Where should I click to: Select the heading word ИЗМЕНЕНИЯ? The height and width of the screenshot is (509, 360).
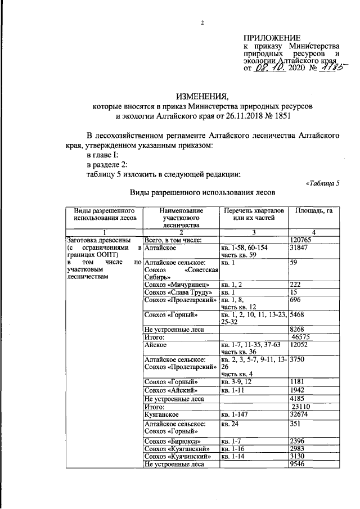202,96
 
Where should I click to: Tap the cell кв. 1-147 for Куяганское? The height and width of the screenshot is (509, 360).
236,413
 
